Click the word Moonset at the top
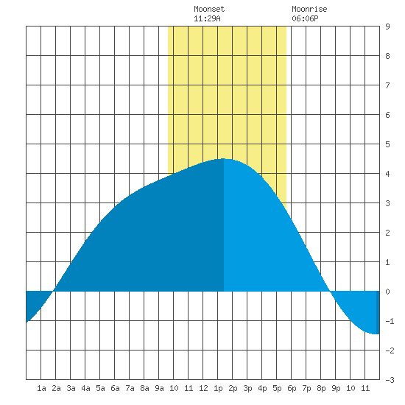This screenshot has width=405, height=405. pyautogui.click(x=209, y=9)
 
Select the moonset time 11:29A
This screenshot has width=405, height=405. pyautogui.click(x=207, y=18)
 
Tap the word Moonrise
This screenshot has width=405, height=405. pyautogui.click(x=309, y=9)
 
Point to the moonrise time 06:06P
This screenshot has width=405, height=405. pyautogui.click(x=305, y=18)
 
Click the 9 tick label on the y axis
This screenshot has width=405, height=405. pyautogui.click(x=387, y=27)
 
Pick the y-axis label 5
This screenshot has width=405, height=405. pyautogui.click(x=387, y=144)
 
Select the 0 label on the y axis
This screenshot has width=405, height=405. pyautogui.click(x=387, y=292)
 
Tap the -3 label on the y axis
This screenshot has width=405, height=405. pyautogui.click(x=390, y=380)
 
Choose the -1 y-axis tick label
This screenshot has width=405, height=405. pyautogui.click(x=390, y=321)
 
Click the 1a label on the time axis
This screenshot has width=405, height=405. pyautogui.click(x=41, y=388)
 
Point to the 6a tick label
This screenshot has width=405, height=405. pyautogui.click(x=115, y=388)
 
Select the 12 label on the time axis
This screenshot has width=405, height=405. pyautogui.click(x=203, y=388)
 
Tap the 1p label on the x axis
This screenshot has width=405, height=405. pyautogui.click(x=218, y=388)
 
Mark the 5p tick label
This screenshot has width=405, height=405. pyautogui.click(x=277, y=388)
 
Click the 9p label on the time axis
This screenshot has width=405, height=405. pyautogui.click(x=336, y=388)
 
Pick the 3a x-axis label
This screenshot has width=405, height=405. pyautogui.click(x=71, y=388)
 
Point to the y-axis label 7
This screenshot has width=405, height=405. pyautogui.click(x=387, y=85)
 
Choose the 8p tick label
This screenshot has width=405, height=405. pyautogui.click(x=321, y=388)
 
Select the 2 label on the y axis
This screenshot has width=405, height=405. pyautogui.click(x=387, y=233)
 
